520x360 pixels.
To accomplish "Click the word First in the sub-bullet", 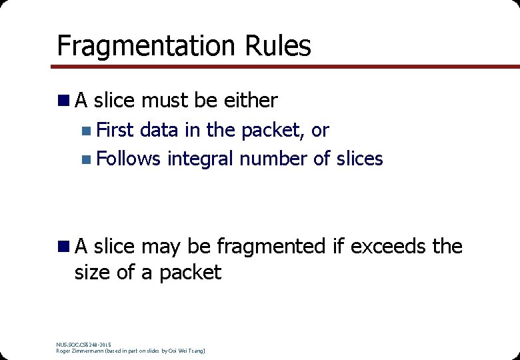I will (x=115, y=130).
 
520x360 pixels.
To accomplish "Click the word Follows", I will (x=129, y=159).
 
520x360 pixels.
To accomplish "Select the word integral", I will (x=201, y=159).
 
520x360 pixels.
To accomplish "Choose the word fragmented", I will (x=271, y=247).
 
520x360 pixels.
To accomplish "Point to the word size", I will (x=93, y=273).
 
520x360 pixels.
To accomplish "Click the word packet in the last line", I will (x=190, y=273).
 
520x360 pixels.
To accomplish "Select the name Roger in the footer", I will (x=64, y=351).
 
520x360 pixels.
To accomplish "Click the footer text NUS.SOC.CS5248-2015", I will (x=84, y=344).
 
